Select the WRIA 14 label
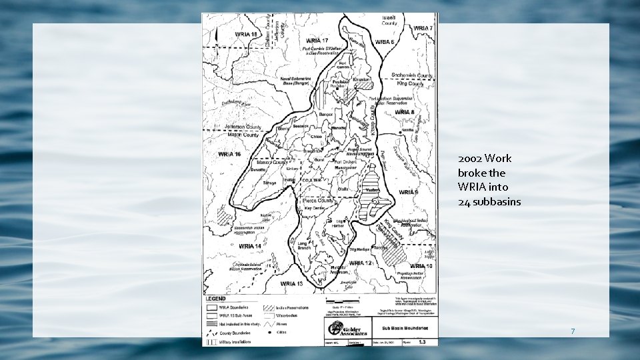[x=249, y=246]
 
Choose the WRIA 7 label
[x=423, y=28]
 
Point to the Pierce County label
[x=317, y=199]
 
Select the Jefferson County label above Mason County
[x=245, y=127]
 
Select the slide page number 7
[x=572, y=331]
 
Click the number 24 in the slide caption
[x=464, y=201]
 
